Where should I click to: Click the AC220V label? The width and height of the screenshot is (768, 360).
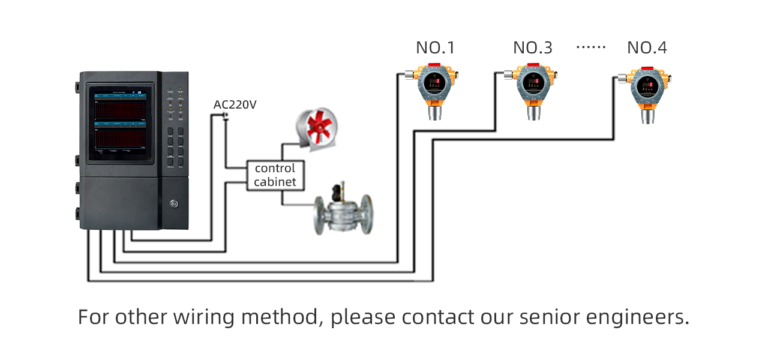coord(235,105)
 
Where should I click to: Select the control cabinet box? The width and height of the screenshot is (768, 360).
coord(275,175)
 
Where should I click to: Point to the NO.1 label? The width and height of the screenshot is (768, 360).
coord(436,48)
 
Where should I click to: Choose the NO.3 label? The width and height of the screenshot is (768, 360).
coord(532,48)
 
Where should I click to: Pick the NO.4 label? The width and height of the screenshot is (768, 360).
coord(647,48)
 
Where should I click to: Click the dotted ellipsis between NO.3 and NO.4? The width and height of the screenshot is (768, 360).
coord(591,47)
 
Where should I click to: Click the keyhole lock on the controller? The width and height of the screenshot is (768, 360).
coord(175,204)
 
